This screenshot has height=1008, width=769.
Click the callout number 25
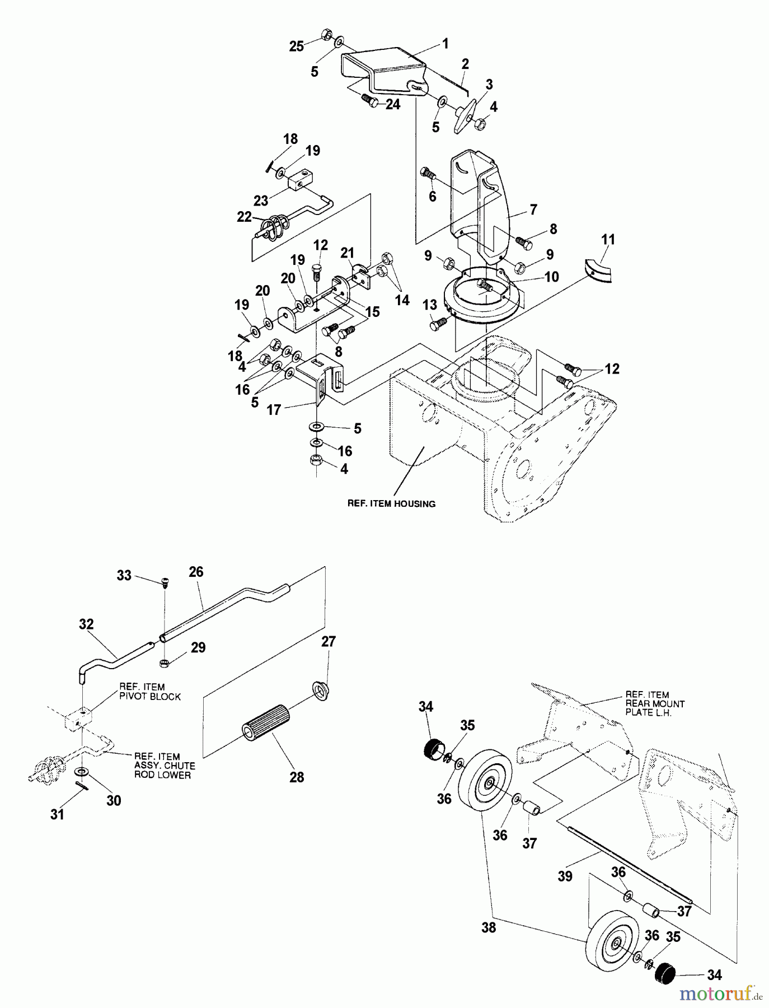point(296,46)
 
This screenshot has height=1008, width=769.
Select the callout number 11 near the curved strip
point(608,240)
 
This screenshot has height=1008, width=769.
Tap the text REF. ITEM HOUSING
point(391,503)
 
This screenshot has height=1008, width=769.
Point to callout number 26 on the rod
point(196,572)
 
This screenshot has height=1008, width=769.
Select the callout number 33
point(124,575)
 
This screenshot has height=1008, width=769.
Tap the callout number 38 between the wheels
point(488,927)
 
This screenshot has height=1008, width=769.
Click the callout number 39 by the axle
point(565,876)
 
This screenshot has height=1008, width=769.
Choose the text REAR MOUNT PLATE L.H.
point(655,703)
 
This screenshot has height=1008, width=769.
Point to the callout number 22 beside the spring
point(244,217)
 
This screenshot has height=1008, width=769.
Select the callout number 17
point(274,410)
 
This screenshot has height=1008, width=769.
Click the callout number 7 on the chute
point(533,209)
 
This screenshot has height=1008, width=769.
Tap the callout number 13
point(429,305)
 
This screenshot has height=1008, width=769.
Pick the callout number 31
point(58,815)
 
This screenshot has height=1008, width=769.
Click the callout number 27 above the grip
point(329,642)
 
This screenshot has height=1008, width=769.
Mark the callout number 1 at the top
point(446,43)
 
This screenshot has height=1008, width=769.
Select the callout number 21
point(348,253)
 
